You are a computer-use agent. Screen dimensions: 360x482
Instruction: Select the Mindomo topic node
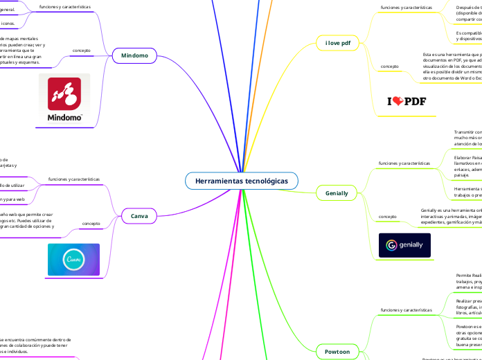(x=134, y=54)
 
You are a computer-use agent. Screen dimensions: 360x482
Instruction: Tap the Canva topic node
(x=139, y=216)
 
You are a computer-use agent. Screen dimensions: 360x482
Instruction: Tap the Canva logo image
(x=73, y=260)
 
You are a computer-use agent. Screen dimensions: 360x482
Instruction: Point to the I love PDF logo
(x=407, y=101)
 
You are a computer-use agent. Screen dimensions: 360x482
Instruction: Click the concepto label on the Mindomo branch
(x=82, y=50)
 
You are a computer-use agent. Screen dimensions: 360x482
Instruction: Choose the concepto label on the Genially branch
(x=388, y=217)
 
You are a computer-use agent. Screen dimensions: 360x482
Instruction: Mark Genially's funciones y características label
(x=404, y=163)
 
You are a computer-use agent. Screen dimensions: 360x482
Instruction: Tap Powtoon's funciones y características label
(x=407, y=310)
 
